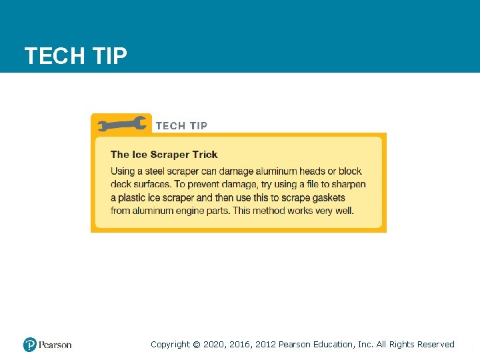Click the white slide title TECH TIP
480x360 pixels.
75,56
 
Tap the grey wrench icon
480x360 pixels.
122,125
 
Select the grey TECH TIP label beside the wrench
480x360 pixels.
181,125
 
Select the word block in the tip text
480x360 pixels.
350,171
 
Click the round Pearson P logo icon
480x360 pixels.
30,345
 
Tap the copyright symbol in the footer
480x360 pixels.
196,345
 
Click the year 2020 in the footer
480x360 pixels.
215,345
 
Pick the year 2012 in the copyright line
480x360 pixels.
263,345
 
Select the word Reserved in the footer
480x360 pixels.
436,345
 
